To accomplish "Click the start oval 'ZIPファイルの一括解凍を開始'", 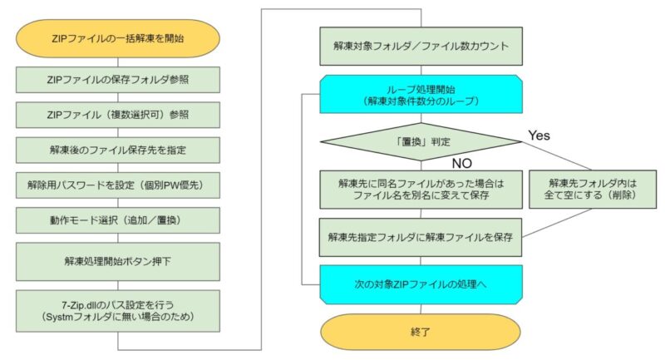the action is point(118,38).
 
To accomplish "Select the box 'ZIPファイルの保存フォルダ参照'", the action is point(118,79).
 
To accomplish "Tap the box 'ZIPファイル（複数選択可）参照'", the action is point(118,115).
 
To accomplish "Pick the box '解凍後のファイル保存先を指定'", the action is point(118,150).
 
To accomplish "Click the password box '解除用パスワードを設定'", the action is point(118,185).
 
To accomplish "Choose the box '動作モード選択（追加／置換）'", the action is point(118,220).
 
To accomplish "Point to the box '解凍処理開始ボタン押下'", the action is point(118,261).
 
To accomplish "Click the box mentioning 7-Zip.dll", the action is point(118,311).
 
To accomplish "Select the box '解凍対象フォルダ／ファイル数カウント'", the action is point(421,47).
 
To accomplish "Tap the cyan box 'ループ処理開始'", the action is point(421,94).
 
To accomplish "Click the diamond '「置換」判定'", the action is point(421,141).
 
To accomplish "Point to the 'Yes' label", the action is point(539,136).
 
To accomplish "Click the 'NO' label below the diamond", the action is point(462,164).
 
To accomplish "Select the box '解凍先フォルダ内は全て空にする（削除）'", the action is point(593,189).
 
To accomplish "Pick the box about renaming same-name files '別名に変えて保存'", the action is point(421,190).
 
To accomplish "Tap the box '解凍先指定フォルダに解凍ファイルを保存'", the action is point(421,237).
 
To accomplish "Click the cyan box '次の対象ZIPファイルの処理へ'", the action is point(421,284).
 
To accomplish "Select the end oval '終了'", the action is point(421,332).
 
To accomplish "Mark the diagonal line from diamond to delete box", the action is point(556,156).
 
